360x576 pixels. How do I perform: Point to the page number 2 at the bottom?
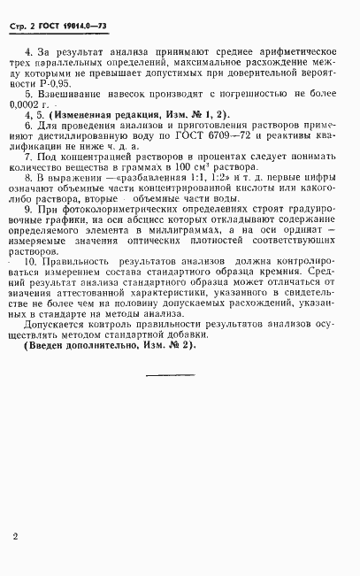tap(17, 536)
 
